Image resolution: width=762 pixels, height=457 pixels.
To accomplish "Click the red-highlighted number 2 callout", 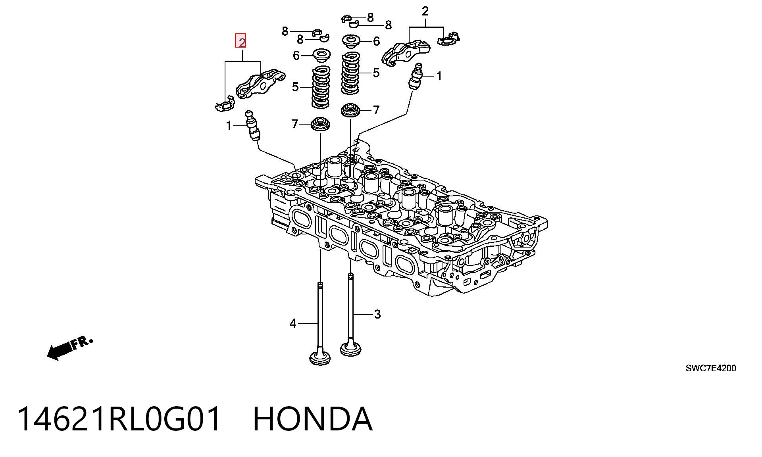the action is click(241, 41).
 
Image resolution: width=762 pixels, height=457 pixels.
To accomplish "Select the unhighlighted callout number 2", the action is click(425, 11).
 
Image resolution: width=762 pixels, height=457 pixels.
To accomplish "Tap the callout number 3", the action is click(377, 314).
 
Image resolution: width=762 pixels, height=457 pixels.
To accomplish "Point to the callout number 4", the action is click(293, 324).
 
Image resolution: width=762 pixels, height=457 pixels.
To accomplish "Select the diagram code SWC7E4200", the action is click(711, 368).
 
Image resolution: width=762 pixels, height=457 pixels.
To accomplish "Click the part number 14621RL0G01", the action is click(119, 419).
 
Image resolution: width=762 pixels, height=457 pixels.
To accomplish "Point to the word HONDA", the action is click(313, 419).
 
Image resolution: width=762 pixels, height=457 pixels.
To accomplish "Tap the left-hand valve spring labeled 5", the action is click(321, 87).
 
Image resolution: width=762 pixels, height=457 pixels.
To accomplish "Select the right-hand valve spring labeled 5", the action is click(351, 73).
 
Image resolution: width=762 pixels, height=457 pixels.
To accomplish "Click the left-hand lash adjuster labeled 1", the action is click(253, 126).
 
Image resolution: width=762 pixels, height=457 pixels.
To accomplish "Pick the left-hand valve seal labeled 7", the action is click(320, 124).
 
